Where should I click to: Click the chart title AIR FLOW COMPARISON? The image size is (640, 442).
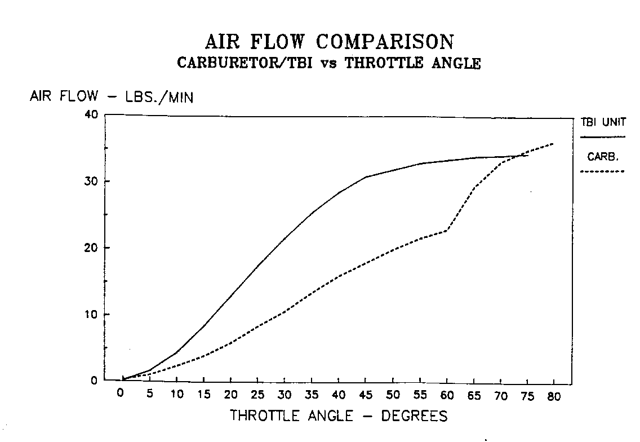coord(329,42)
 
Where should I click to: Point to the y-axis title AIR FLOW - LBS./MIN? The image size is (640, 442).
coord(112,97)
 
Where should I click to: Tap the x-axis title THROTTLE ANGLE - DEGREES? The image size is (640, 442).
coord(339,417)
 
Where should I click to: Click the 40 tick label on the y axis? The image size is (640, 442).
coord(92,115)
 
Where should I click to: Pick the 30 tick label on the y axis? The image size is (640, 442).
coord(92,182)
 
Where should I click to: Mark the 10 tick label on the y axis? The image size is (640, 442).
coord(92,315)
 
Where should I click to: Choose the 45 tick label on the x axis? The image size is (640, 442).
coord(366,395)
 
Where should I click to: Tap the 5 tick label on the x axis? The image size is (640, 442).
coord(149,395)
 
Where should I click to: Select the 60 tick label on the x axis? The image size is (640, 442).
coord(447,395)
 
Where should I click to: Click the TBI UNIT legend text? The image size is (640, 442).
coord(603,123)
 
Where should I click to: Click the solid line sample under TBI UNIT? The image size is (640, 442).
coord(603,137)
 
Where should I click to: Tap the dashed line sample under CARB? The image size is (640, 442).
coord(603,171)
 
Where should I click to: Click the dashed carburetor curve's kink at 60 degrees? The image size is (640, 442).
coord(447,230)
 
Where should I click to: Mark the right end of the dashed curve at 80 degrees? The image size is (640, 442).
coord(553,144)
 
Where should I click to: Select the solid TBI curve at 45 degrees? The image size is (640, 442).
coord(366,177)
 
